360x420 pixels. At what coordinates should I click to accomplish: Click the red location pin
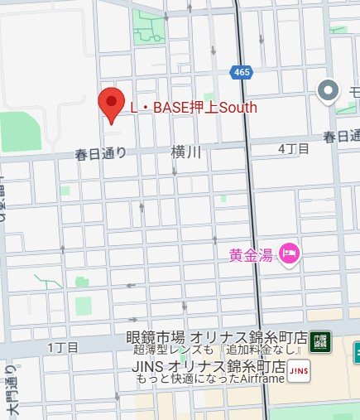point(111,104)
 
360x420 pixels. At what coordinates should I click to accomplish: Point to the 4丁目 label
point(294,148)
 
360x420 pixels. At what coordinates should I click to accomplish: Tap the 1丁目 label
point(63,345)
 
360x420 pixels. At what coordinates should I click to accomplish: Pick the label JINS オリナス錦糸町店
point(209,365)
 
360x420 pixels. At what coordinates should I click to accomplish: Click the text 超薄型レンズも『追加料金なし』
point(217,352)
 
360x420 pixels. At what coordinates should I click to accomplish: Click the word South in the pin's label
point(238,107)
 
